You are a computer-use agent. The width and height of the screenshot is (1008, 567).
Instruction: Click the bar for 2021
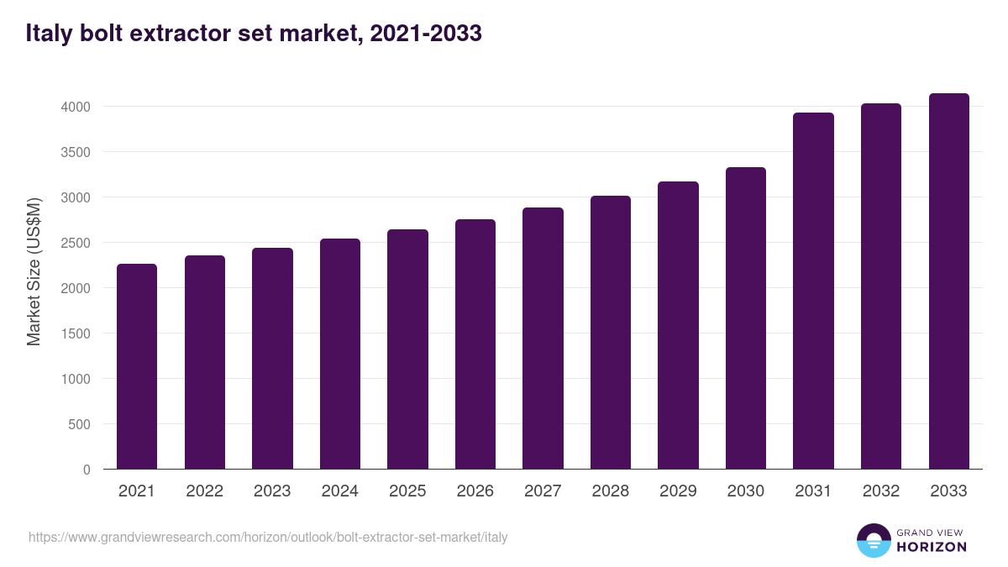(137, 366)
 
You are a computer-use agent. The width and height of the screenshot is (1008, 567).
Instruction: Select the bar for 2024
(340, 354)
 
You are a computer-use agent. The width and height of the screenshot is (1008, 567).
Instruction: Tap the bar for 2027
(543, 339)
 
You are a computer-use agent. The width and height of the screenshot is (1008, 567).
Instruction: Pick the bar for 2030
(746, 318)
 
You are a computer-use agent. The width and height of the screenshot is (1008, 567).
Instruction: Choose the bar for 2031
(813, 291)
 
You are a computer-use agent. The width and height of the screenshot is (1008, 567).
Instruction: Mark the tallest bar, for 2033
(948, 281)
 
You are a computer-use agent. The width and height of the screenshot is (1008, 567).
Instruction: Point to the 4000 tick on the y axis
(74, 107)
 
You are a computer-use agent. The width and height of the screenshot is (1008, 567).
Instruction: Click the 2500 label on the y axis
(74, 243)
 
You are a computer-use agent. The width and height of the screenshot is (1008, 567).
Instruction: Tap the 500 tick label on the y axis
(78, 424)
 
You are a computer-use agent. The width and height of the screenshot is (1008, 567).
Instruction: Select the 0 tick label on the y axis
(86, 470)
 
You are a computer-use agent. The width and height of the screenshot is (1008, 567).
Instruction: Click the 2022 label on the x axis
(204, 491)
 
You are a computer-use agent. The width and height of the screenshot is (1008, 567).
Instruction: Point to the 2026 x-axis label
(475, 491)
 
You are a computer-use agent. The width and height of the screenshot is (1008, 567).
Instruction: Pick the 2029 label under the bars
(678, 491)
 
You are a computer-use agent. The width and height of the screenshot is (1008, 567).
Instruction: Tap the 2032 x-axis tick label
(881, 491)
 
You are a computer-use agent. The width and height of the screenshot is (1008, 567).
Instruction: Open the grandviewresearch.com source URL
(268, 537)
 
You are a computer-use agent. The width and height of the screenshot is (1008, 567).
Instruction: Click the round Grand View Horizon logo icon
(873, 540)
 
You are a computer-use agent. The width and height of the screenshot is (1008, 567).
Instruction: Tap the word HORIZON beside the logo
(932, 547)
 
